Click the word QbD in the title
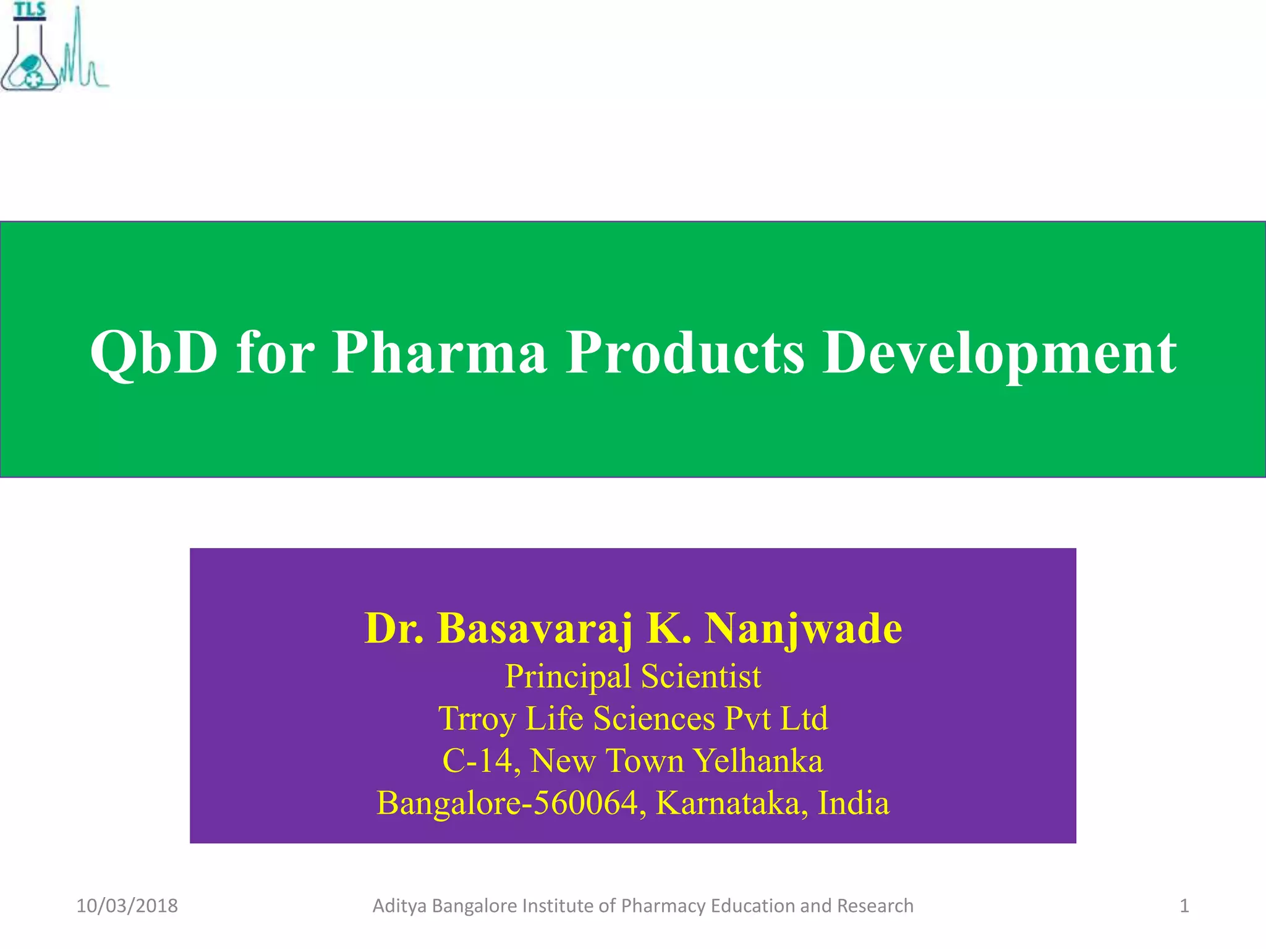(153, 353)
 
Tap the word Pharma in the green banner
(440, 353)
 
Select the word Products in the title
(685, 353)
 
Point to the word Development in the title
(1000, 353)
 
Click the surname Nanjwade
(803, 629)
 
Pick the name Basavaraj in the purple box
(535, 629)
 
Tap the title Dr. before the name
(394, 629)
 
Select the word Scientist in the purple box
(701, 676)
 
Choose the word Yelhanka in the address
(757, 761)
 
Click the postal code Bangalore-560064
(507, 803)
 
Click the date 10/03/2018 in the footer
(127, 906)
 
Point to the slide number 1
(1184, 906)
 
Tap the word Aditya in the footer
(400, 906)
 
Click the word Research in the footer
(875, 906)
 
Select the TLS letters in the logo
(30, 10)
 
